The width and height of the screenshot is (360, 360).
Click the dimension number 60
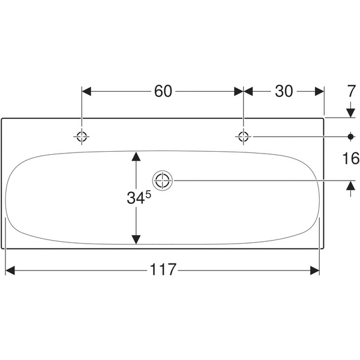point(163,91)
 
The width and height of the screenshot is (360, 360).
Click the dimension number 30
point(284,91)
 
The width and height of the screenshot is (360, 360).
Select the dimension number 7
point(351,91)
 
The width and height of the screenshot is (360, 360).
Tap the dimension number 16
point(351,158)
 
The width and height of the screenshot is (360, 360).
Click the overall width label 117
point(163,270)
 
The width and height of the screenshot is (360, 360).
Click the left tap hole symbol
point(82,136)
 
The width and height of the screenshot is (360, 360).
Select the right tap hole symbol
point(243,136)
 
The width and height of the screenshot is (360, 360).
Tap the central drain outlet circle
point(163,179)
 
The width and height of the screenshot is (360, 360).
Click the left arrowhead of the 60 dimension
point(86,91)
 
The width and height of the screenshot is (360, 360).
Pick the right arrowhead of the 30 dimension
point(319,91)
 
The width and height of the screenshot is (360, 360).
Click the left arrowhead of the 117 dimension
point(10,270)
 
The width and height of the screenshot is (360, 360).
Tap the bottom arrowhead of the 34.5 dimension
point(136,239)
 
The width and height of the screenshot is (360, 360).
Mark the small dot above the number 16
point(351,136)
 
